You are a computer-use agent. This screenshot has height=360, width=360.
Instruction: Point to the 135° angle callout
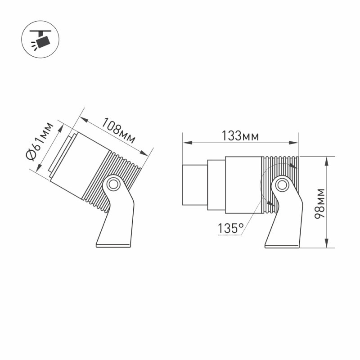230,229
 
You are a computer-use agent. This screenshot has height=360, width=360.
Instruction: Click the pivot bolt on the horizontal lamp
282,184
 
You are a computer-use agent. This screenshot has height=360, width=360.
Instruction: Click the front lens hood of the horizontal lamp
194,185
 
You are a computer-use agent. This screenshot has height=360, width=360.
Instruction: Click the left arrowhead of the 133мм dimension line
184,143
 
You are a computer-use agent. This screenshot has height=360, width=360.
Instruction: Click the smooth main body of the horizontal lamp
243,185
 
